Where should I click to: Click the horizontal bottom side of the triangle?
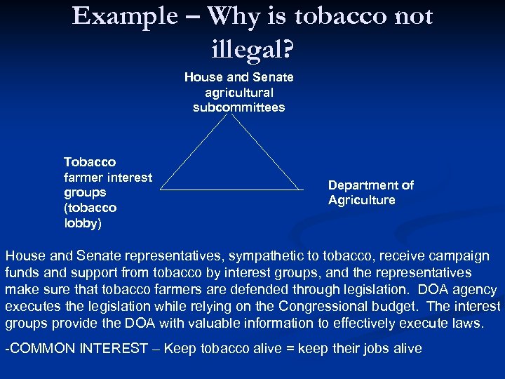click(231, 189)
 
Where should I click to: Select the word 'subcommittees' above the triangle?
click(238, 107)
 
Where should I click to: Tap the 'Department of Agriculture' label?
click(370, 192)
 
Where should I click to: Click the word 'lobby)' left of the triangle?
click(83, 223)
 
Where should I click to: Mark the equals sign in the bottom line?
click(289, 349)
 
